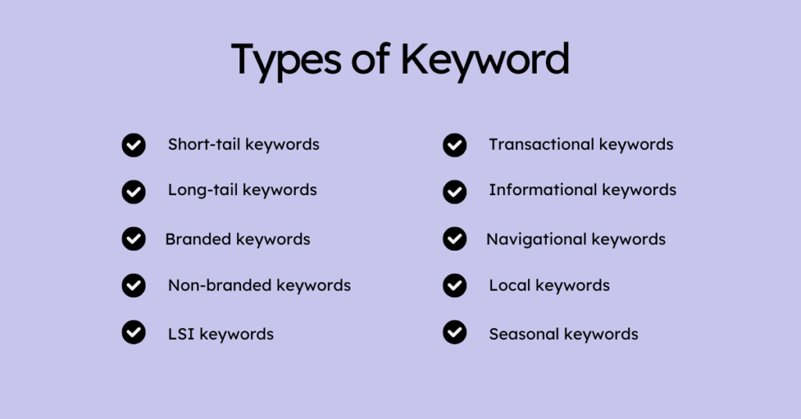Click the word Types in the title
[286, 61]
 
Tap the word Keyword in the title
[485, 60]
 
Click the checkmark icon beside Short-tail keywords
[133, 146]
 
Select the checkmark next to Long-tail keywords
[133, 192]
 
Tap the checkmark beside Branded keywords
[133, 239]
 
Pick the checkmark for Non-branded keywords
[133, 286]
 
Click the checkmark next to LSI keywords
[133, 333]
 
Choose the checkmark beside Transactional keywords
[454, 146]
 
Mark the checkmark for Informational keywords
[454, 192]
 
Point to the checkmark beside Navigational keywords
[454, 239]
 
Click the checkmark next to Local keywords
[454, 286]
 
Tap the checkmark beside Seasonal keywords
[454, 333]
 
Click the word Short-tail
[204, 144]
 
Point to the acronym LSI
[181, 334]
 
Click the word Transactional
[541, 144]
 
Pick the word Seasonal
[524, 334]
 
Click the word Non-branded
[220, 285]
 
